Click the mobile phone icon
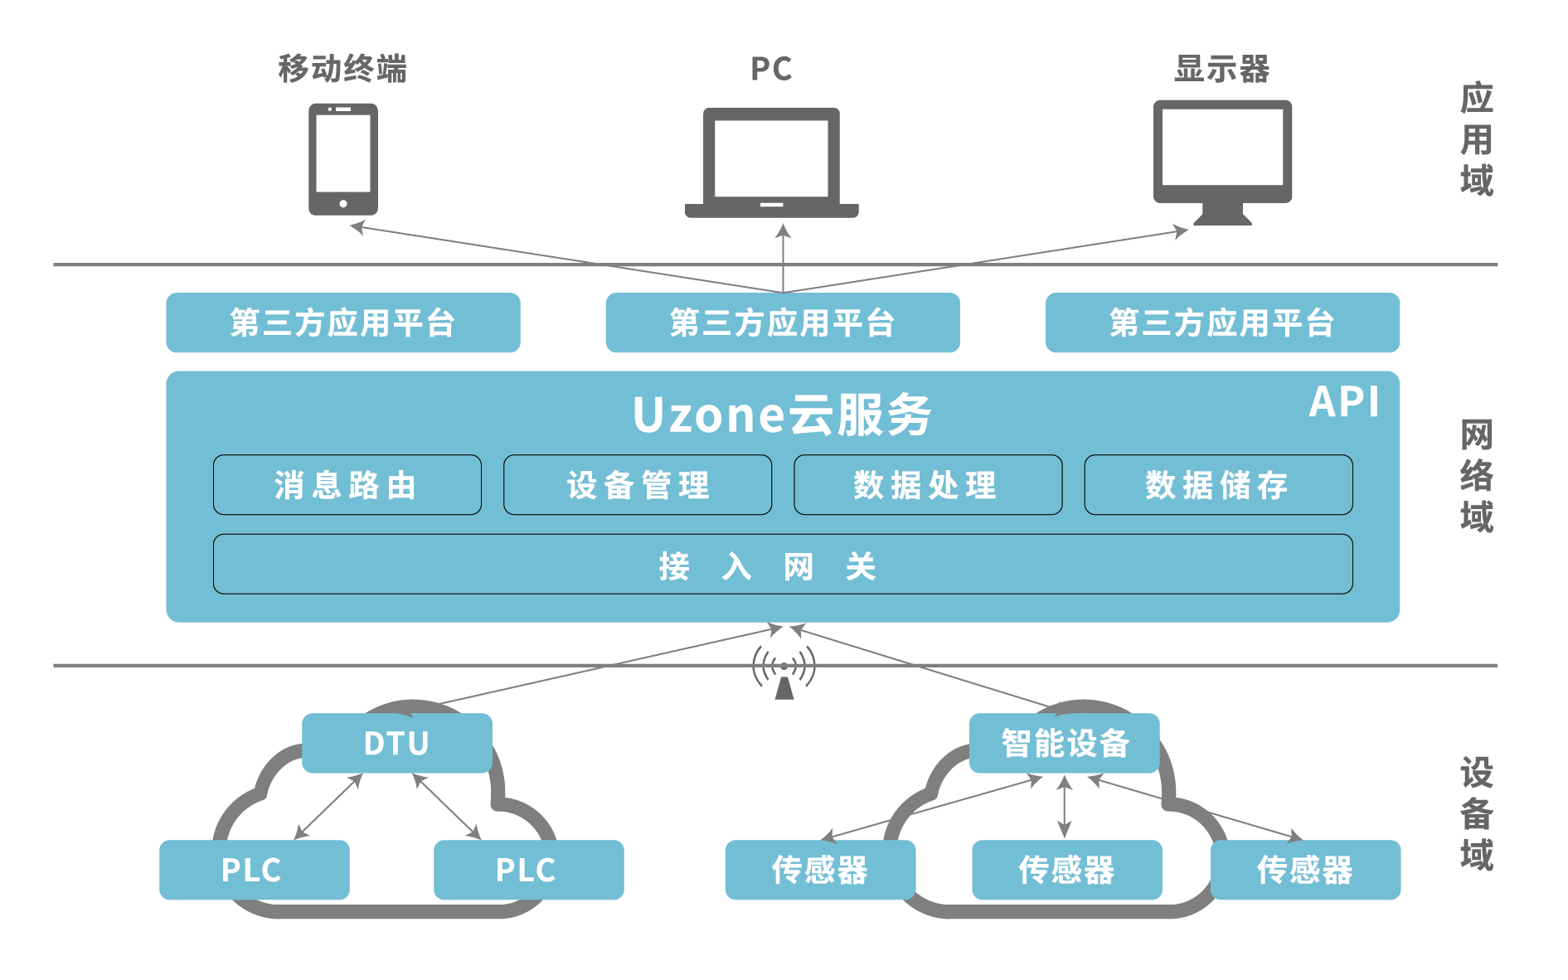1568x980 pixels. click(342, 158)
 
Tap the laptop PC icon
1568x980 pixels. click(771, 163)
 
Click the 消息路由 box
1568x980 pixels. click(347, 485)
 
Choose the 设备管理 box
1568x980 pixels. click(637, 485)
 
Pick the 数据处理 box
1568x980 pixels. click(927, 485)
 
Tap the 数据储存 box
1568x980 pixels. click(1217, 485)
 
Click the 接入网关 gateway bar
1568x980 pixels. click(782, 564)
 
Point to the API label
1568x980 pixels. click(1343, 403)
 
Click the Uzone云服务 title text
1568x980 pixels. click(782, 415)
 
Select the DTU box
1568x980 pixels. click(396, 743)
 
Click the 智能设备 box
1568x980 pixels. click(1064, 743)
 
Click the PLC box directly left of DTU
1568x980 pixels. click(254, 870)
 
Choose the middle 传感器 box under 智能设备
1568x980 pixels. click(1066, 870)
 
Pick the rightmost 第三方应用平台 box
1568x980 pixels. click(1222, 323)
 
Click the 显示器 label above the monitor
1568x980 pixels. click(1222, 69)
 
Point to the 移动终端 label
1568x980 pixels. click(342, 69)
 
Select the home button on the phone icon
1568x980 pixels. click(342, 203)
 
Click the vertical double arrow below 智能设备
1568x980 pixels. click(1065, 806)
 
